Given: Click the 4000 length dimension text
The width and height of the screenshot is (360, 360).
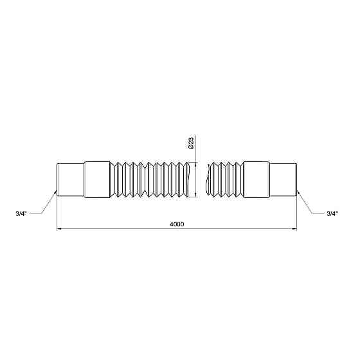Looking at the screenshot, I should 177,223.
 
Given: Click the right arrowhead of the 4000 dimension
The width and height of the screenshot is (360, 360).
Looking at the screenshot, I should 296,228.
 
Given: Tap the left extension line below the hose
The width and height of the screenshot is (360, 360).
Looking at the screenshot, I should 58,212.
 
